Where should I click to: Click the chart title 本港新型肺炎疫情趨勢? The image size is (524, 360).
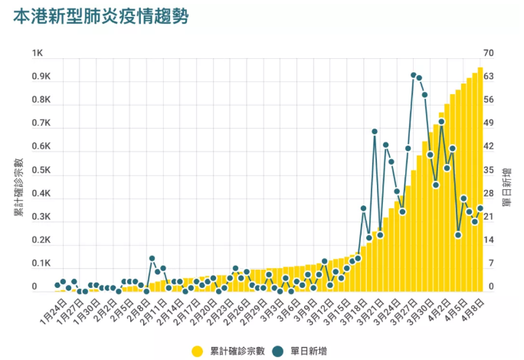(x=102, y=16)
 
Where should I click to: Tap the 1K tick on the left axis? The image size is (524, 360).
(x=37, y=53)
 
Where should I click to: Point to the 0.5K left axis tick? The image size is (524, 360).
(x=40, y=170)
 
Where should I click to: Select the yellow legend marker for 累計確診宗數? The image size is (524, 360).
(x=197, y=351)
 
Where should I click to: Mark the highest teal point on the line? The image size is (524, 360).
(x=413, y=75)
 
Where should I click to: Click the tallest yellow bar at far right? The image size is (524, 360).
(x=480, y=176)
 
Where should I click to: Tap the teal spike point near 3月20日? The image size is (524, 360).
(x=374, y=132)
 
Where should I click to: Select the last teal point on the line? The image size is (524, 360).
(x=480, y=208)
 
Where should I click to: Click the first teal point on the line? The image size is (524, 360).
(x=57, y=285)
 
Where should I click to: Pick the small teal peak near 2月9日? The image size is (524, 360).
(x=152, y=258)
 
